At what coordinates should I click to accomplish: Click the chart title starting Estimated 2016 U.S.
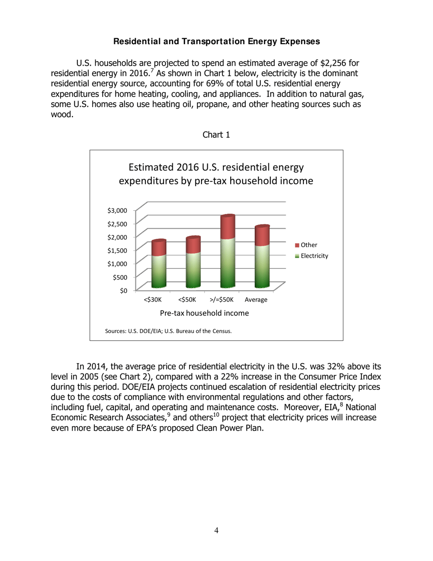(x=216, y=174)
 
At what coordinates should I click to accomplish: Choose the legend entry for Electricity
(x=314, y=256)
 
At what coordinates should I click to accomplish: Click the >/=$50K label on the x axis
(x=221, y=300)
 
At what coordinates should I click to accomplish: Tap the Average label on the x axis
(x=256, y=300)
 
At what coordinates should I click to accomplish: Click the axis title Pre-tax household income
(x=204, y=314)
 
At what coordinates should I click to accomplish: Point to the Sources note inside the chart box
(x=168, y=331)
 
